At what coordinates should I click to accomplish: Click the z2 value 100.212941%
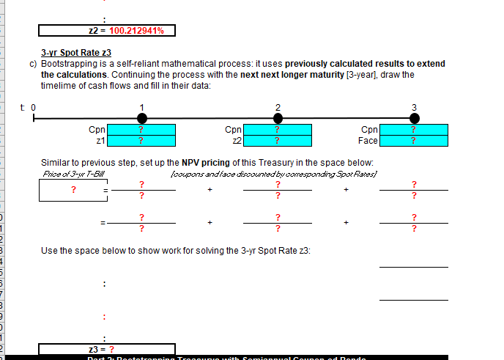point(136,31)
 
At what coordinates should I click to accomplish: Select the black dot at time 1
point(141,118)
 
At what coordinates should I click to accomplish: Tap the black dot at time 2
point(278,118)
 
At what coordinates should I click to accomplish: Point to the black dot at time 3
point(414,118)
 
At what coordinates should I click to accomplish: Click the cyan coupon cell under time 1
point(141,130)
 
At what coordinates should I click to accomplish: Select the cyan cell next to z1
point(141,141)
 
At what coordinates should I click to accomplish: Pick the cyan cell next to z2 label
point(278,141)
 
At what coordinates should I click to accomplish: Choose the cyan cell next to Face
point(414,141)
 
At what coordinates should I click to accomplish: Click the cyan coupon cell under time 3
point(414,130)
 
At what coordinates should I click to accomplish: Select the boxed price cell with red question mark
point(73,190)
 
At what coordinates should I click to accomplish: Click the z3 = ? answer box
point(107,349)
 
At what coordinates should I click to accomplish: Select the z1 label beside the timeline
point(101,141)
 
